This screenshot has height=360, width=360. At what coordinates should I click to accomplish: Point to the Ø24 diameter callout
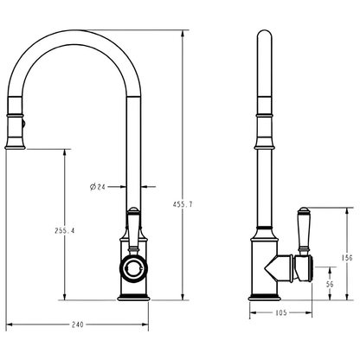point(98,185)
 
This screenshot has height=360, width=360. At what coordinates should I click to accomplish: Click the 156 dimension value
point(346,256)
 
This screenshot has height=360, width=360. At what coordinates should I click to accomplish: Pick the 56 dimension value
point(330,283)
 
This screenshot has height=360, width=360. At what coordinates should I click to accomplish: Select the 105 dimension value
point(281,313)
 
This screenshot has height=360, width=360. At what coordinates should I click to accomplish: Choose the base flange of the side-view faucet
point(265,297)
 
